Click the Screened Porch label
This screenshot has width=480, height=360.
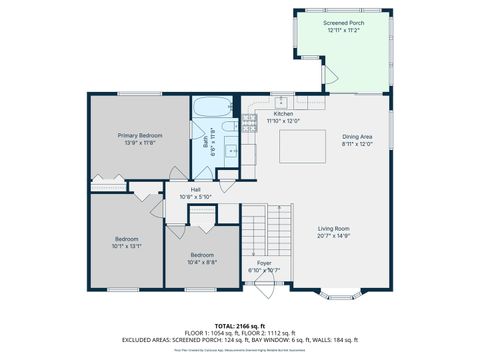click(x=343, y=22)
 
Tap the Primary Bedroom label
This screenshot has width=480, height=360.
click(x=139, y=135)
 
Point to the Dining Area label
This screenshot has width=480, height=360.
click(x=357, y=136)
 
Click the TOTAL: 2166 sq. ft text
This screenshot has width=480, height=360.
click(x=239, y=325)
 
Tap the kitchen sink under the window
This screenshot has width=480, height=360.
click(x=282, y=101)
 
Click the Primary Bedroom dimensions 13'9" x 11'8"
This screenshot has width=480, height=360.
click(x=139, y=142)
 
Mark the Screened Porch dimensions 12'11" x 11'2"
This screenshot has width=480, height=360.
click(x=343, y=30)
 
